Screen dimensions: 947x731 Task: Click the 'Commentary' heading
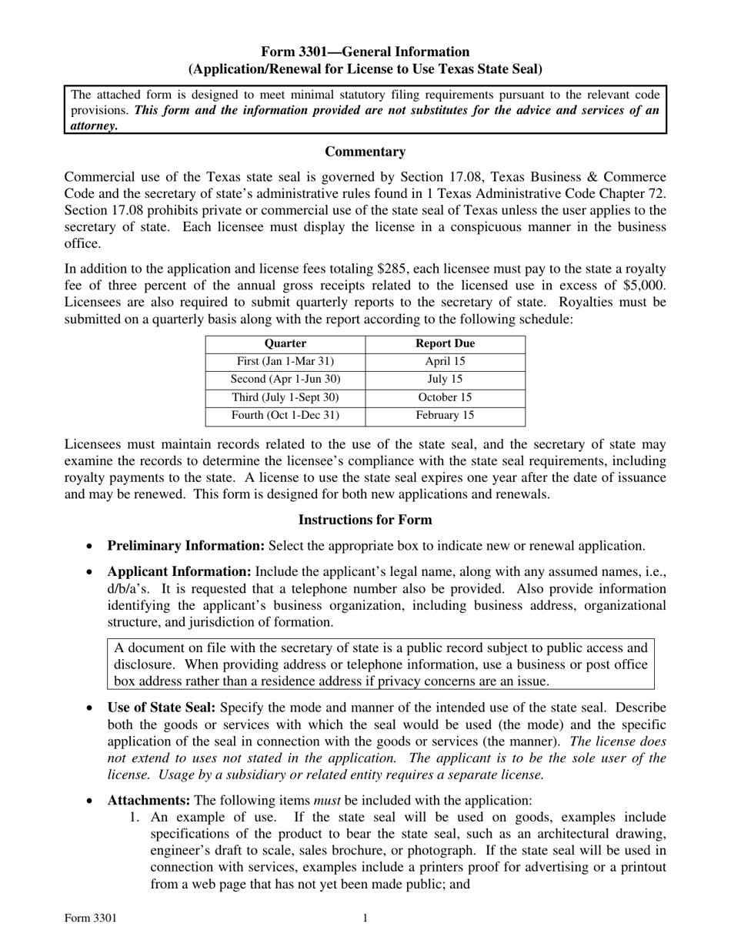[x=365, y=152]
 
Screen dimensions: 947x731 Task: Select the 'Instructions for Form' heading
[x=365, y=520]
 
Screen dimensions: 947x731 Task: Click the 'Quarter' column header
[x=285, y=344]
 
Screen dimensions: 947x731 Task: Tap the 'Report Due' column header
[x=445, y=344]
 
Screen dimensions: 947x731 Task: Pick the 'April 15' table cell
[x=445, y=361]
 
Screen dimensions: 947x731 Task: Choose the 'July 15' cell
[x=445, y=380]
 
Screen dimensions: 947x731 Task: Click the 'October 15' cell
[x=445, y=398]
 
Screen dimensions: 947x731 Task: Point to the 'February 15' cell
[x=445, y=416]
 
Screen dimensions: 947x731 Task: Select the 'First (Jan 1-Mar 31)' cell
[x=285, y=361]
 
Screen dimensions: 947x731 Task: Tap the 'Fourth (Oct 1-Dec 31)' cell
[x=285, y=416]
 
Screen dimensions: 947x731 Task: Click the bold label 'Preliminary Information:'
[x=185, y=546]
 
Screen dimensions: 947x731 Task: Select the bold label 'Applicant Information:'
[x=179, y=572]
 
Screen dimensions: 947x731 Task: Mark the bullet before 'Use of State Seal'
[x=91, y=708]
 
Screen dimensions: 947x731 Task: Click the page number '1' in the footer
[x=365, y=918]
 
